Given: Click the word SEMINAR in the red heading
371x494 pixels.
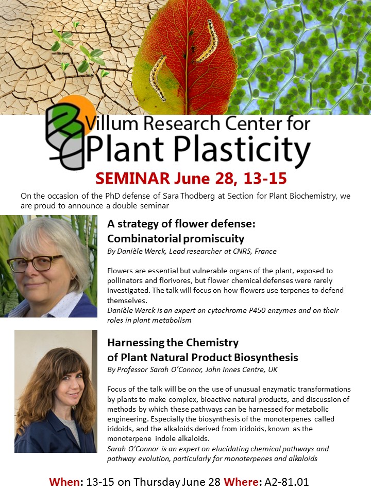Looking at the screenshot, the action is pos(132,179).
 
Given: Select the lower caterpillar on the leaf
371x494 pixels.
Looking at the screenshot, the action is pos(158,78).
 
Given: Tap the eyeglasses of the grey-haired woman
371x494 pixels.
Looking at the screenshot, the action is pos(36,263).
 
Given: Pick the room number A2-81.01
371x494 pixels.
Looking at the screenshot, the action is pos(286,482).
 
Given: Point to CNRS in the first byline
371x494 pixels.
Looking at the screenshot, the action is pos(242,251).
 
